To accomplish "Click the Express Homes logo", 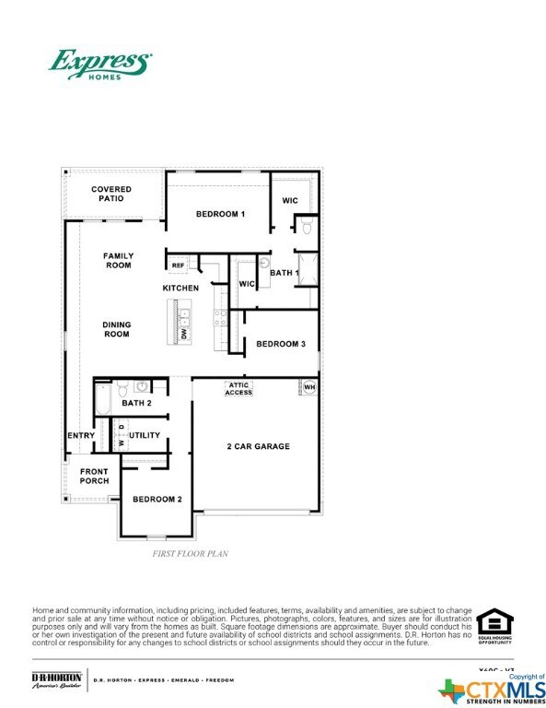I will (99, 65).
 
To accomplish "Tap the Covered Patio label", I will (110, 195).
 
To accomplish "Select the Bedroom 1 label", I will (220, 214).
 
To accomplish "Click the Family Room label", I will (118, 261).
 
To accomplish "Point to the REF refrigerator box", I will (178, 265).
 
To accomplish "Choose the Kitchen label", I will (180, 289).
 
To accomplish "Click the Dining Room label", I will (117, 329).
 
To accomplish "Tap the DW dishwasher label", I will (184, 335).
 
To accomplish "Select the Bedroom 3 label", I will (280, 344).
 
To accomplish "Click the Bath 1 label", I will (284, 273).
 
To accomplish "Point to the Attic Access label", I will (238, 389).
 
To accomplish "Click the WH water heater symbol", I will (309, 387).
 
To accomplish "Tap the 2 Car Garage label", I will (259, 446).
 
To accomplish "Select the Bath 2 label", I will (136, 403).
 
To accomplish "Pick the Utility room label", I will (145, 435).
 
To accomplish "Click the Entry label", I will (81, 435).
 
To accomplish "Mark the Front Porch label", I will (94, 477).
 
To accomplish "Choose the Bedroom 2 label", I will (157, 500).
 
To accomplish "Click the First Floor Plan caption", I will (190, 554).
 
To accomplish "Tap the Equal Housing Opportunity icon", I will (494, 627).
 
